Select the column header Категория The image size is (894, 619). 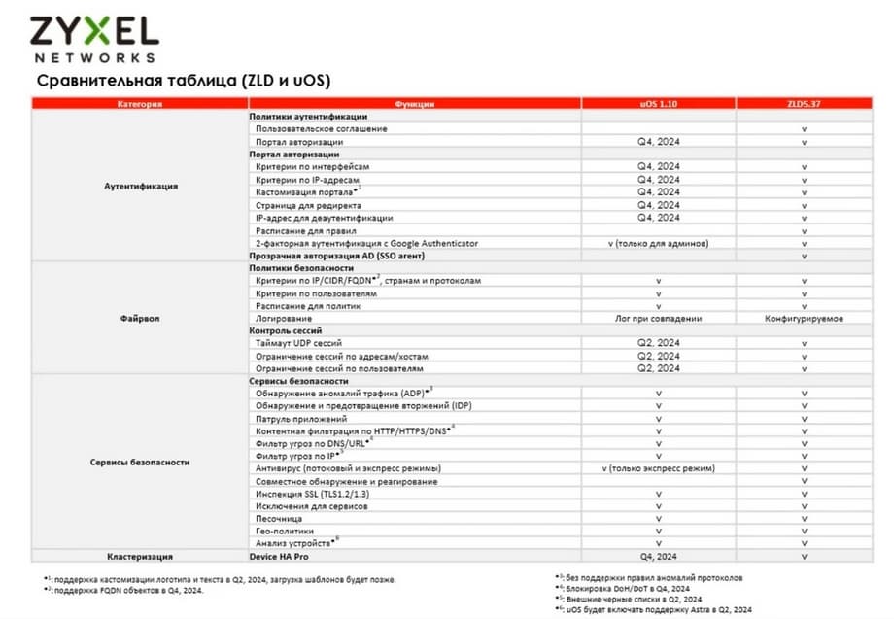point(140,103)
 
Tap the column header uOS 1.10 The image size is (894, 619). point(658,103)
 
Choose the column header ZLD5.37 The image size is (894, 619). point(804,103)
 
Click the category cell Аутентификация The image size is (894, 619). point(140,186)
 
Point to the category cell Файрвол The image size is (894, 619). point(140,318)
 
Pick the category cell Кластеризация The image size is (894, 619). point(140,557)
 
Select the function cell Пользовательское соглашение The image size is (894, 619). point(322,128)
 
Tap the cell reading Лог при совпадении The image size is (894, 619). point(658,318)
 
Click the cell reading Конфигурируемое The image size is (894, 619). point(804,318)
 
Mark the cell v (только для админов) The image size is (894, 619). point(658,243)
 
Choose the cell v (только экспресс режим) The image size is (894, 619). point(658,468)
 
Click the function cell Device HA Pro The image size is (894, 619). point(283,557)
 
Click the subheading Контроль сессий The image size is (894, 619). point(289,330)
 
